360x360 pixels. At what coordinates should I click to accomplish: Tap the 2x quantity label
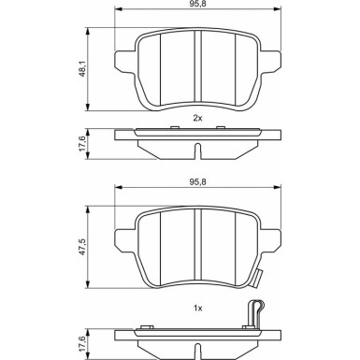point(197,118)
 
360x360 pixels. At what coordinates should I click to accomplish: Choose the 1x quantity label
point(197,307)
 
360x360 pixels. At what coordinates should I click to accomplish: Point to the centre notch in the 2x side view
point(196,151)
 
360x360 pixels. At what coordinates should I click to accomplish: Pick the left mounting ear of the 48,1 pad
point(123,63)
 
